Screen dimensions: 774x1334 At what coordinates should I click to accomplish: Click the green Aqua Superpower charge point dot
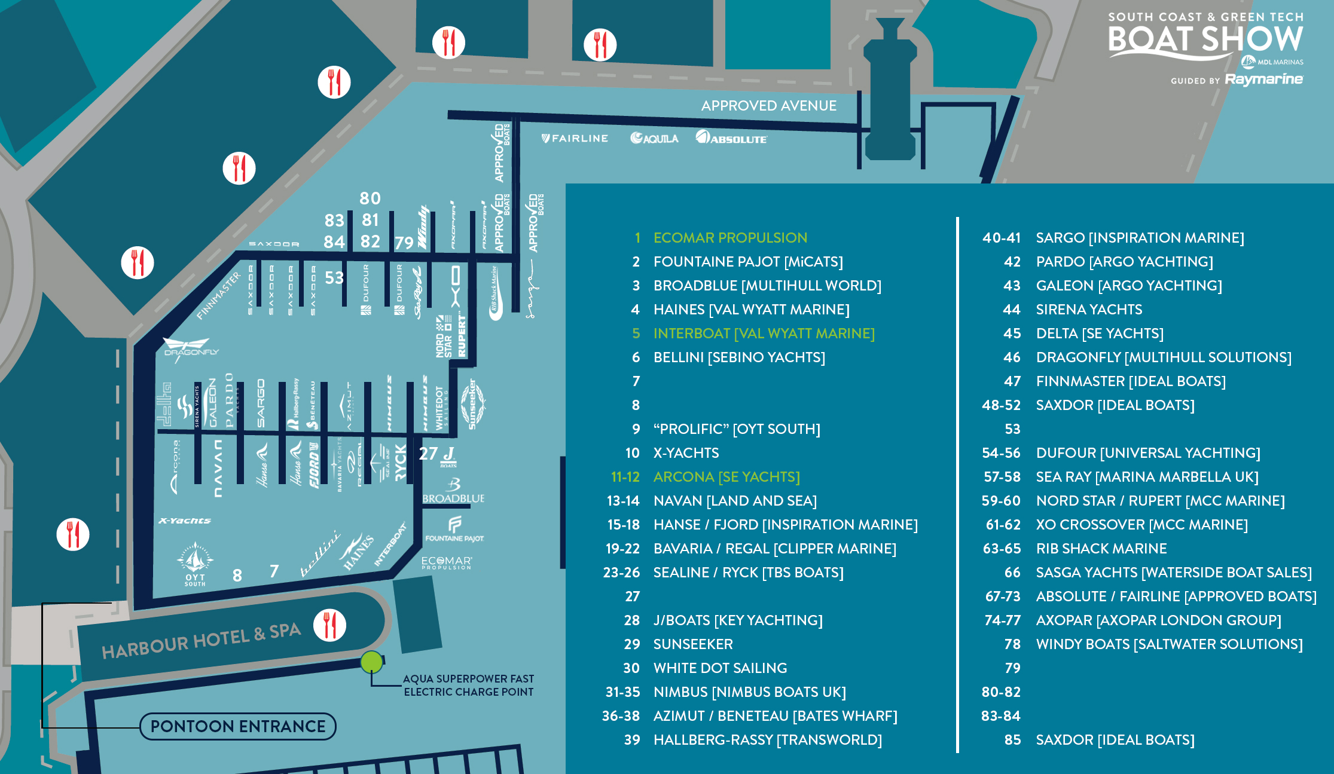[x=371, y=662]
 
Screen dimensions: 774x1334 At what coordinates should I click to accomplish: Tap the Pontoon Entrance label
[x=238, y=726]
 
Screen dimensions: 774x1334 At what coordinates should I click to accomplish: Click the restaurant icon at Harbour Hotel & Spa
[x=329, y=625]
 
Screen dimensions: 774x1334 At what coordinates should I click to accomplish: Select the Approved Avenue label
[x=768, y=106]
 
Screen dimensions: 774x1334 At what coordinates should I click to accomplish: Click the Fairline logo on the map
[x=575, y=139]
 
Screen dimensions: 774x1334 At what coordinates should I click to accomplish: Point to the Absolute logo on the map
[x=731, y=138]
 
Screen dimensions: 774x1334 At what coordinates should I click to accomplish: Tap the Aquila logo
[x=654, y=139]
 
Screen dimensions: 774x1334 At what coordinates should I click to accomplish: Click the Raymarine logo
[x=1263, y=79]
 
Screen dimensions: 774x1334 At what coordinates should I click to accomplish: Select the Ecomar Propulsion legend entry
[x=729, y=238]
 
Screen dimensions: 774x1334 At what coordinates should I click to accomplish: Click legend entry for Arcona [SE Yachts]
[x=726, y=477]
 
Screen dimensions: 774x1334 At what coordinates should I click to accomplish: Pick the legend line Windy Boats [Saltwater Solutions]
[x=1168, y=644]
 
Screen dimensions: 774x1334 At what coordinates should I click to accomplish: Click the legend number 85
[x=1012, y=740]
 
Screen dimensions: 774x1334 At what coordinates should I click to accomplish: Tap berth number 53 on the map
[x=334, y=278]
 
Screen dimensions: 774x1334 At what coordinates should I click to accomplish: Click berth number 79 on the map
[x=404, y=243]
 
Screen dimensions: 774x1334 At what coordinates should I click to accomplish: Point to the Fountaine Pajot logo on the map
[x=454, y=530]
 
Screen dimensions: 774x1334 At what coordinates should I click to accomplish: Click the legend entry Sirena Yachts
[x=1088, y=310]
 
